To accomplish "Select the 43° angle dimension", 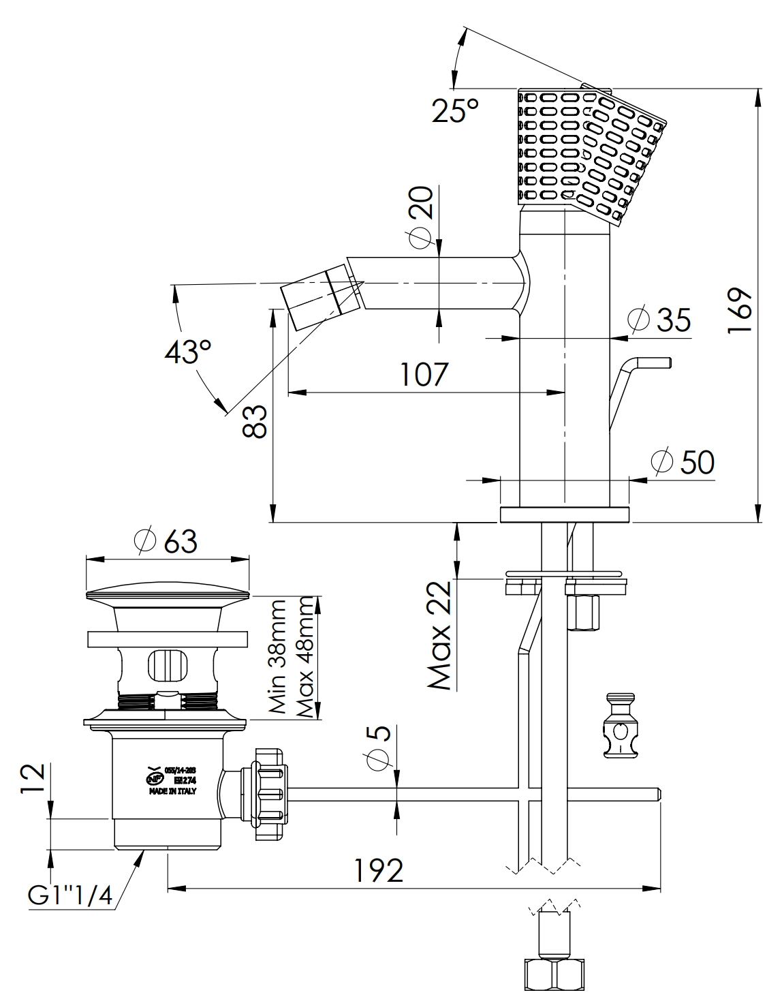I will click(x=187, y=352).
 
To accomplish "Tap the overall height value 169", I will click(x=739, y=309).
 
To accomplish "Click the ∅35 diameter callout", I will click(x=659, y=320).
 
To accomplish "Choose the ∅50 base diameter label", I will click(x=682, y=462).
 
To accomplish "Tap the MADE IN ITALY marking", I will click(x=172, y=791).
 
